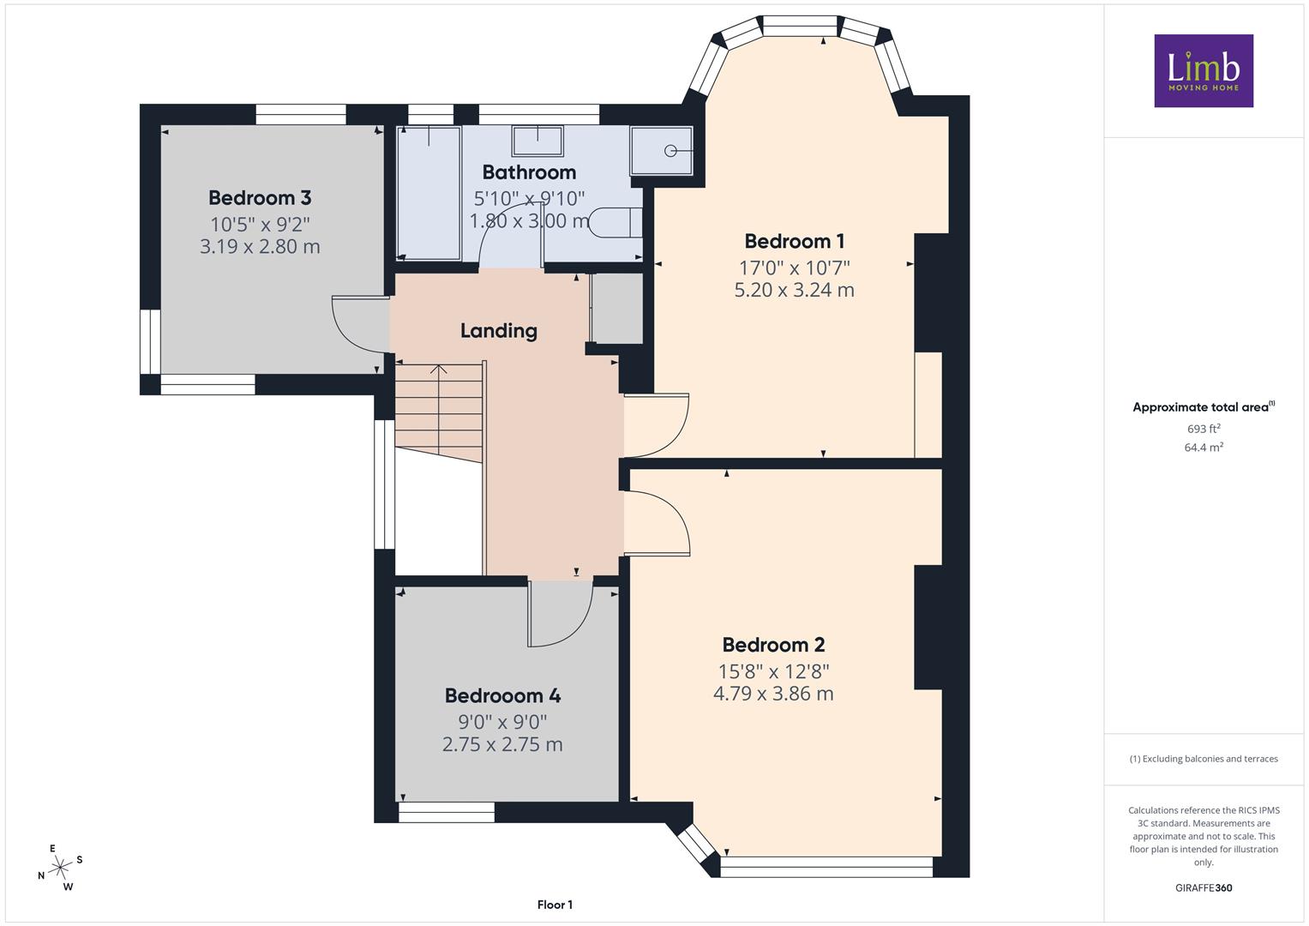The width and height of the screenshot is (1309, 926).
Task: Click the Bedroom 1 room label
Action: coord(794,241)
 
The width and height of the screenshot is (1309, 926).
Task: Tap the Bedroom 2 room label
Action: coord(773,645)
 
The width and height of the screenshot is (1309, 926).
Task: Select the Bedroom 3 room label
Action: coord(260,197)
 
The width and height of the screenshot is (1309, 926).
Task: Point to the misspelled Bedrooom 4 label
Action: coord(502,695)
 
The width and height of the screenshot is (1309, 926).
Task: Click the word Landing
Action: coord(498,331)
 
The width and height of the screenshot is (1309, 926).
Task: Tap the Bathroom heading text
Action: coord(529,172)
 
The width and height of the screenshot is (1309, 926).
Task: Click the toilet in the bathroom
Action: coord(615,223)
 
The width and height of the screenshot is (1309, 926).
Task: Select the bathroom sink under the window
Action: coord(537,141)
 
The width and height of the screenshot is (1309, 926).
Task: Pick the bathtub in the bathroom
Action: coord(429,193)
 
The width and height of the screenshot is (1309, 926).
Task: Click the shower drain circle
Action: coord(670,151)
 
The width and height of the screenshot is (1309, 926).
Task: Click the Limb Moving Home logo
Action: coord(1204,70)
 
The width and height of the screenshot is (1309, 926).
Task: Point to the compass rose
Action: coord(60,868)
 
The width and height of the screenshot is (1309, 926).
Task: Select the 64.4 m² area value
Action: coord(1204,448)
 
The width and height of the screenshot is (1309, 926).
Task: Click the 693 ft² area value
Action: coord(1204,429)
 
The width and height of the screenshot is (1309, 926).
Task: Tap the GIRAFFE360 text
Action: coord(1204,888)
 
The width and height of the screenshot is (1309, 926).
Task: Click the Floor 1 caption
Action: coord(555,905)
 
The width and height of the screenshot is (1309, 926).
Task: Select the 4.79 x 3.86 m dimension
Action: coord(773,694)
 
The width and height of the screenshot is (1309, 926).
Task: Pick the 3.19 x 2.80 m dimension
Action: coord(260,247)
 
